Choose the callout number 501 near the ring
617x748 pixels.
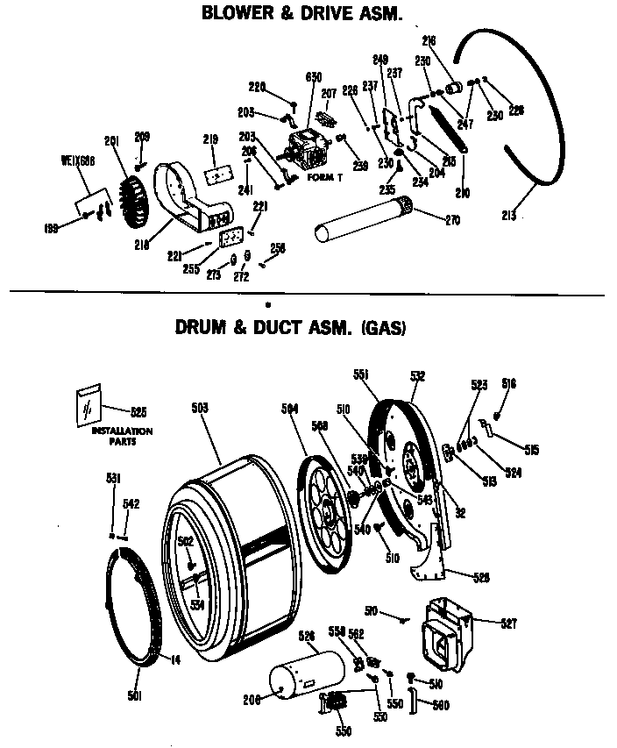[133, 697]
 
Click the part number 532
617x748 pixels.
[417, 375]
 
